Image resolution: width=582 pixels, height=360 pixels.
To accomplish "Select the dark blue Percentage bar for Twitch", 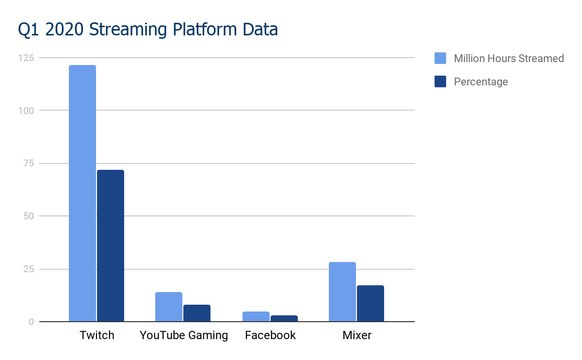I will (x=111, y=245).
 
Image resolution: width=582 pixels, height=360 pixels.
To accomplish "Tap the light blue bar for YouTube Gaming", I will (x=169, y=307).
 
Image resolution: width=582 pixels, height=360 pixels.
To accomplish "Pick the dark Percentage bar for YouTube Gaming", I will (x=197, y=313).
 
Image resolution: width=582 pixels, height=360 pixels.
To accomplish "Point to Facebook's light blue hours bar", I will (x=256, y=316).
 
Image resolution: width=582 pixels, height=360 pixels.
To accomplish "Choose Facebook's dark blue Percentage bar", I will (x=284, y=318).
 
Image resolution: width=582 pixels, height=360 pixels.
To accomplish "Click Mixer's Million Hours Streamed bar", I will (x=342, y=292).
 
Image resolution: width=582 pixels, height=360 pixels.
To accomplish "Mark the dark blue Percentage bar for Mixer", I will (x=370, y=303).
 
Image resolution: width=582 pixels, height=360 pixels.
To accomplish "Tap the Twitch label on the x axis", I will (x=97, y=335).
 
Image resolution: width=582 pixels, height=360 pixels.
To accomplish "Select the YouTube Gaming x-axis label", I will (x=183, y=335).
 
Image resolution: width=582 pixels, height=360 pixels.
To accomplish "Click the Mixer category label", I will (x=356, y=335).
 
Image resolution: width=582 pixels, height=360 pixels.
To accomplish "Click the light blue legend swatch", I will (x=440, y=58).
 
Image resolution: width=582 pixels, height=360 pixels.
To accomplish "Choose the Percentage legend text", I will (x=481, y=82).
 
